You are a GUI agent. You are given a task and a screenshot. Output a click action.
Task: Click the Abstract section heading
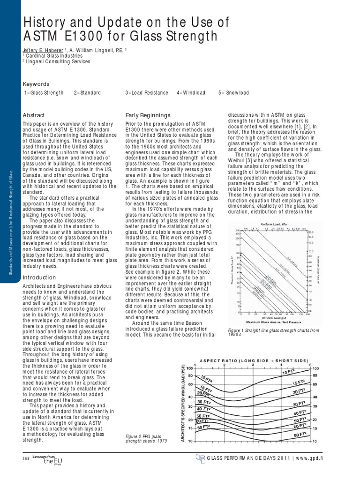click(34, 115)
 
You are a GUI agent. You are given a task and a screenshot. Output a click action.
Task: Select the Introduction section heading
click(39, 277)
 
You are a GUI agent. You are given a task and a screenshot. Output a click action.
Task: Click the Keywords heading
click(36, 84)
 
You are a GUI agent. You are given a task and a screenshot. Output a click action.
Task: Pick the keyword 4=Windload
click(191, 93)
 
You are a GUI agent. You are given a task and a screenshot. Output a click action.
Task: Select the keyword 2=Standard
click(87, 93)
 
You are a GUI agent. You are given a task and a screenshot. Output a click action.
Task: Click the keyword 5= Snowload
click(233, 93)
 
